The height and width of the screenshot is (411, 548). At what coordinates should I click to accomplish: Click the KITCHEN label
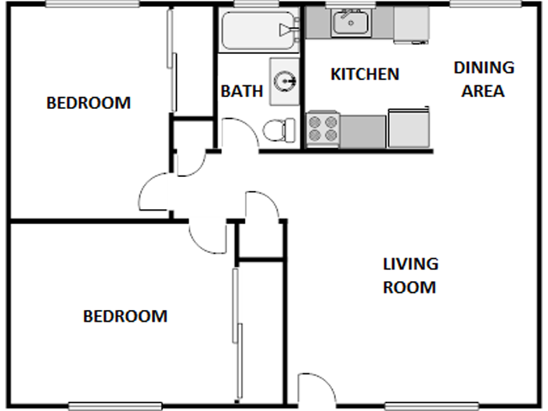coord(365,74)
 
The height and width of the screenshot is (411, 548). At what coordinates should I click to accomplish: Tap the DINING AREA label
coord(483,79)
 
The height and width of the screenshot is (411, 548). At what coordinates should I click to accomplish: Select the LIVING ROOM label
coord(409,276)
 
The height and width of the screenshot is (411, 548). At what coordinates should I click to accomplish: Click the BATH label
coord(241,91)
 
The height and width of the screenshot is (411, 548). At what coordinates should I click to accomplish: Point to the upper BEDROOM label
coord(88,103)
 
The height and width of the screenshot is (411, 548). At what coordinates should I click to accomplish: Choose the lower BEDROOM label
coord(125,316)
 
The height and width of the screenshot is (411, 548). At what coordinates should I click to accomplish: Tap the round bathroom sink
coord(286,80)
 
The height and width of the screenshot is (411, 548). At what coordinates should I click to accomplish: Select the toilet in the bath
coord(278,129)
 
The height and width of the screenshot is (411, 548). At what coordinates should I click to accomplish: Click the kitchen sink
coord(349,24)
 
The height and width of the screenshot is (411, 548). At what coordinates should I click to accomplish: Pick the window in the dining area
coord(486,5)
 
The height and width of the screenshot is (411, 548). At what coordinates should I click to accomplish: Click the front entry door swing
coord(315,389)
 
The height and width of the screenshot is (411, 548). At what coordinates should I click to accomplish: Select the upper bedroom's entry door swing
coord(154,193)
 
